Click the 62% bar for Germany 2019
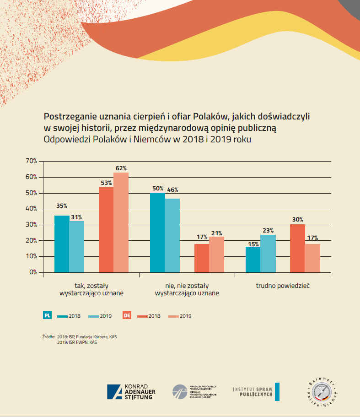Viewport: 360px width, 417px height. click(121, 222)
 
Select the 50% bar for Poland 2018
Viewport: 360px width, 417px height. click(157, 232)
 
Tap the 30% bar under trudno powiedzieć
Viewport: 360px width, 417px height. click(297, 248)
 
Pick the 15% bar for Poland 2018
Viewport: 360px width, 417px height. click(253, 260)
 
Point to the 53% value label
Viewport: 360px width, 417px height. click(106, 183)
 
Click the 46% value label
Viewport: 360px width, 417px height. click(172, 190)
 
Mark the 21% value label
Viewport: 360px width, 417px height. click(217, 233)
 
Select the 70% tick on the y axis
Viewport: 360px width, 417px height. click(31, 161)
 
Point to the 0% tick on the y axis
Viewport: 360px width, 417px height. click(32, 272)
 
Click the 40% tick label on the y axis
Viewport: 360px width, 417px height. click(31, 209)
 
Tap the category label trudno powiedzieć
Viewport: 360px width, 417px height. click(283, 286)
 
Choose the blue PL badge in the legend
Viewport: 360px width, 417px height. click(48, 315)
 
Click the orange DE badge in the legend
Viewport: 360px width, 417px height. click(127, 315)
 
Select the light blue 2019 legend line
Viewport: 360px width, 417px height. click(95, 316)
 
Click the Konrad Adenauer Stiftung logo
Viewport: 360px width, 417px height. click(130, 392)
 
